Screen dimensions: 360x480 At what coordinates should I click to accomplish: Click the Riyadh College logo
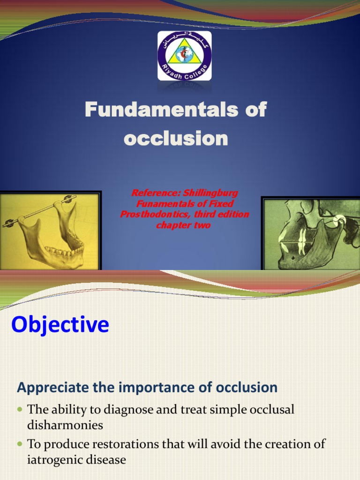coord(184,56)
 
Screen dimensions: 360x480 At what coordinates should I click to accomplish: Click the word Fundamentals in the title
coord(161,109)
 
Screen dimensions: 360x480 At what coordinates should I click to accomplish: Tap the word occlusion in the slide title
coord(176,138)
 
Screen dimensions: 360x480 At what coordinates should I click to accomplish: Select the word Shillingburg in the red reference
coord(210,193)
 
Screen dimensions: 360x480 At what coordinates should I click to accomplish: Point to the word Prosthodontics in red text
coord(156,214)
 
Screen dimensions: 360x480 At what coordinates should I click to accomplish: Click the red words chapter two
coord(183,225)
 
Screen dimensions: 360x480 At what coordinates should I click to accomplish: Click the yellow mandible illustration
coord(50,231)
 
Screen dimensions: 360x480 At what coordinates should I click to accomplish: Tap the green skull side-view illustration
coord(310,233)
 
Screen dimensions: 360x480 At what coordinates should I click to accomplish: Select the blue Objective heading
coord(60,324)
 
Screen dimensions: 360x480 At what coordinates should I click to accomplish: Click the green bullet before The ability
coord(20,409)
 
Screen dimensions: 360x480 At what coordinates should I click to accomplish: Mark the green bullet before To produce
coord(20,443)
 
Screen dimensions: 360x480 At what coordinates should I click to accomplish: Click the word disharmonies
coord(65,425)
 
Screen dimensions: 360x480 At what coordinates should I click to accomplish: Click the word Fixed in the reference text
coord(223,203)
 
